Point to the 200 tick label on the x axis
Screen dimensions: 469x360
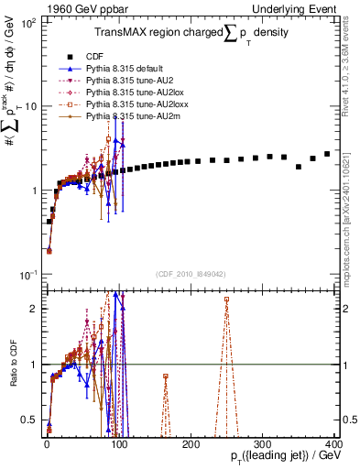(190, 442)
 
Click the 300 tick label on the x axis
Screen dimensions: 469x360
(262, 442)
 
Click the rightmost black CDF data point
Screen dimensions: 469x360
(327, 154)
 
